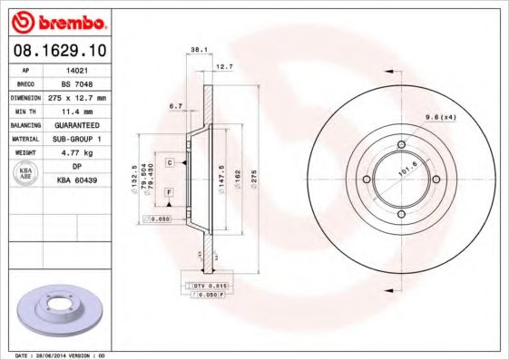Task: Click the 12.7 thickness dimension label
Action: coord(224,66)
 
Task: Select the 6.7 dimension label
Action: coord(176,106)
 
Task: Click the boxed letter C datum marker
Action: coord(170,161)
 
